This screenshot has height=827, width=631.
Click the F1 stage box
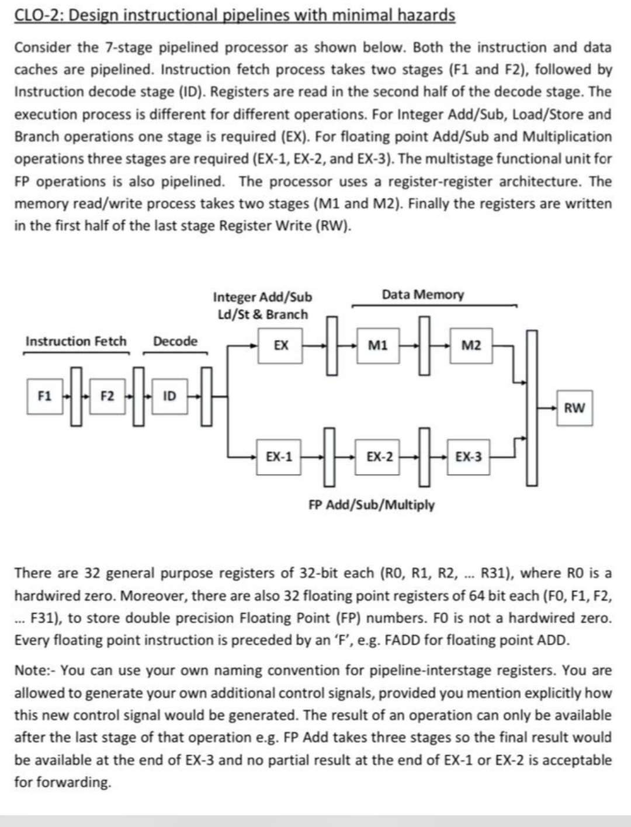coord(44,396)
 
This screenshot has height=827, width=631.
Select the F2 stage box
coord(107,396)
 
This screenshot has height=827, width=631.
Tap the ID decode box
coord(169,396)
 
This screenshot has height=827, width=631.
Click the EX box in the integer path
coord(281,345)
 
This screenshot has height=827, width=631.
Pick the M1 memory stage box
coord(377,345)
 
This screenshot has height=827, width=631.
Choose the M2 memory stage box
coord(471,345)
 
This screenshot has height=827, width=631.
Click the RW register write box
coord(574,408)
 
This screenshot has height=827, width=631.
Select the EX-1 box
coord(279,456)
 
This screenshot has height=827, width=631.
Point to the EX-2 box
coord(379,456)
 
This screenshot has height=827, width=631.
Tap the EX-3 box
coord(468,456)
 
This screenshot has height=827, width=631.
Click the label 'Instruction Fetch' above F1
coord(76,341)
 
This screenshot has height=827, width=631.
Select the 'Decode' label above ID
coord(175,341)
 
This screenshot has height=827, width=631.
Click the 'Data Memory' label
coord(423,295)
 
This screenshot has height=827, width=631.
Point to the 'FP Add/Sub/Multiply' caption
coord(372,504)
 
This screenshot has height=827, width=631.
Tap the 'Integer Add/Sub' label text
coord(262,297)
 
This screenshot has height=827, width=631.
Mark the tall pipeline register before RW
coord(532,407)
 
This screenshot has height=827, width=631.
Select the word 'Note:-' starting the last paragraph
coord(34,671)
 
